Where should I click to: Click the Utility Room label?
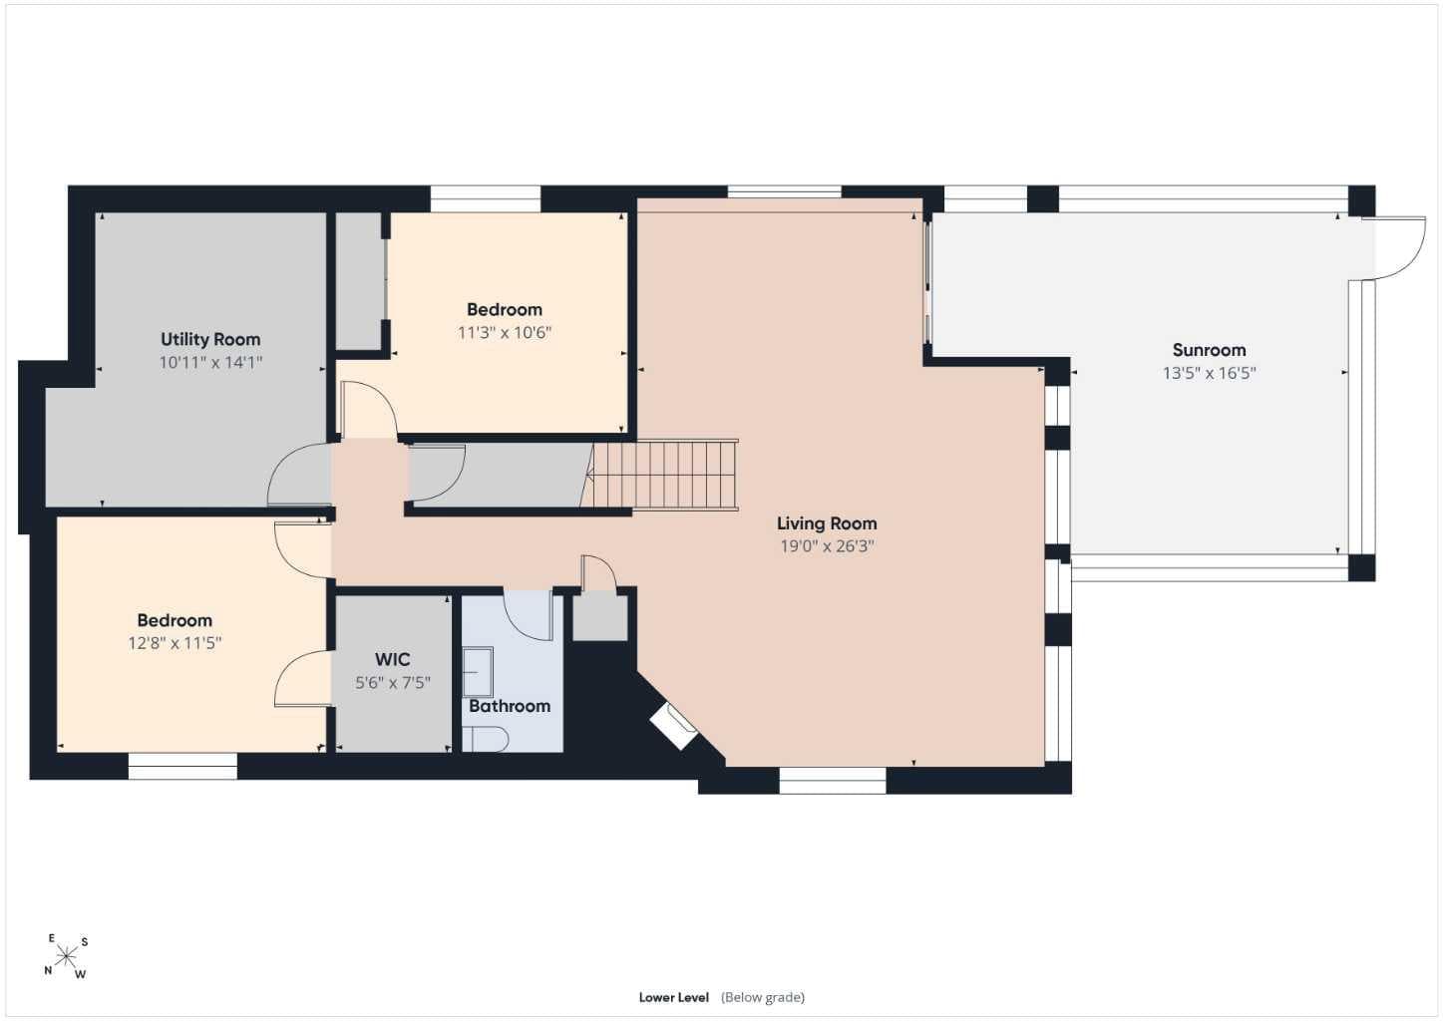click(x=210, y=339)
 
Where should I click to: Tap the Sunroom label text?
click(x=1209, y=350)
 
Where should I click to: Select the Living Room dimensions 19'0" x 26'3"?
click(x=827, y=546)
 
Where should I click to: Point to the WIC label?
click(x=392, y=659)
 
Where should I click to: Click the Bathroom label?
click(x=509, y=706)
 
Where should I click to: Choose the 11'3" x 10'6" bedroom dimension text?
click(x=505, y=332)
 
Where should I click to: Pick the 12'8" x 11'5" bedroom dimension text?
click(x=175, y=643)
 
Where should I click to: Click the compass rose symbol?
click(x=66, y=956)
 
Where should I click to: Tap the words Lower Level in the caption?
click(x=674, y=997)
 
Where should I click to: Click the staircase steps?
click(x=665, y=475)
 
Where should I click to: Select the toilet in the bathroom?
click(x=487, y=739)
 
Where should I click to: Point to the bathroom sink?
click(x=478, y=672)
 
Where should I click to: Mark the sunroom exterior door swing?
click(x=1395, y=248)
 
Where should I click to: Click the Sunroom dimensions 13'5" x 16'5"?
click(x=1210, y=373)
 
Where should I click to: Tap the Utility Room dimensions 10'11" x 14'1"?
click(x=210, y=362)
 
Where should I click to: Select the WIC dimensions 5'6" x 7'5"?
click(x=392, y=682)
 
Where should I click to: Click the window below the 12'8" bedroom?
click(x=182, y=766)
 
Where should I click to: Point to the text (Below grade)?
click(x=763, y=997)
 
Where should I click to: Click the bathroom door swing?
click(x=528, y=615)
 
